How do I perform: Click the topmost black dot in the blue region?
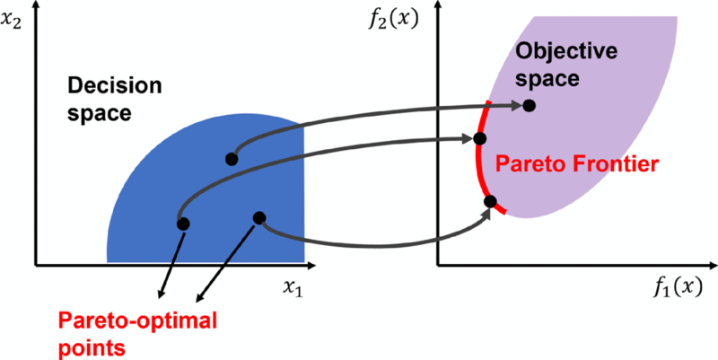232,159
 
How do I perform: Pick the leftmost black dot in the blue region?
183,223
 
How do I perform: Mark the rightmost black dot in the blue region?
259,217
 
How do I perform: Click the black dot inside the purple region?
530,106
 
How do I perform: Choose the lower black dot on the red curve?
490,201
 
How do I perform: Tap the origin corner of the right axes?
437,265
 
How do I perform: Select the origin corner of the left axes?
35,265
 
